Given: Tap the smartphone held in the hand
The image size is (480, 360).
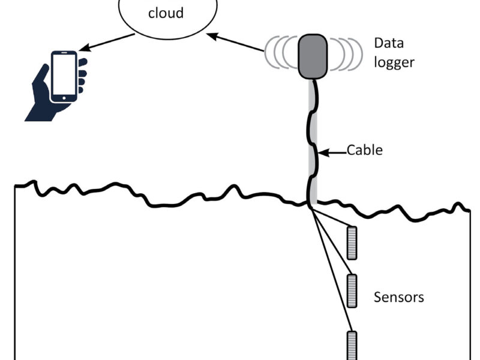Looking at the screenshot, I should pos(64,77).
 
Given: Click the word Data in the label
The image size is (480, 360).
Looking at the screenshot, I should pos(388,43).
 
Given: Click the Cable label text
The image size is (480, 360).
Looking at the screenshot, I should pos(364,150).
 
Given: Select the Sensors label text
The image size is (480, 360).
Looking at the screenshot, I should pos(398,297).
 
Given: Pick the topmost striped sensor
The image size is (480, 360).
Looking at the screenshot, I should pos(352,243).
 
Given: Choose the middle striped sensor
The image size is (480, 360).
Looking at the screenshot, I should pos(352,291).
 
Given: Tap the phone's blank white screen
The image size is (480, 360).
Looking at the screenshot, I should pos(64,74).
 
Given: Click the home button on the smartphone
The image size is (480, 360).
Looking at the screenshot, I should pos(64,98).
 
